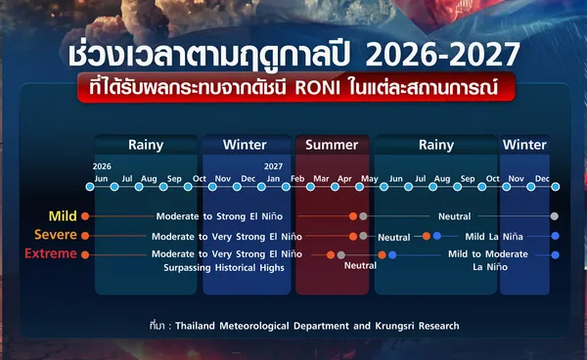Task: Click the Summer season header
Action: pos(332,145)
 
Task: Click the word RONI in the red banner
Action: pos(318,88)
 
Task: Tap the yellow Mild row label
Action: pos(63,216)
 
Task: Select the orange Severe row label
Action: pos(56,235)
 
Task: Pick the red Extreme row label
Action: pos(51,253)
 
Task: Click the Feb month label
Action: pos(297,178)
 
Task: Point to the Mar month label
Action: pos(321,178)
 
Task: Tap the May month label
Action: pos(370,179)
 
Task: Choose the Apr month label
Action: pos(344,179)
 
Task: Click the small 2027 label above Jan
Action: pos(273,166)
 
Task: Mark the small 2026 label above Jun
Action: pos(102,166)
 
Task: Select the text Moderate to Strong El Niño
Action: pos(219,216)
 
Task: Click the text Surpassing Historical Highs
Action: pos(224,268)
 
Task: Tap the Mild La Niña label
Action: pos(494,237)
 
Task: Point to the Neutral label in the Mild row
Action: pos(455,216)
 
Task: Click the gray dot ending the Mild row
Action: pos(555,216)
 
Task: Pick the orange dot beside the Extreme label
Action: pos(85,255)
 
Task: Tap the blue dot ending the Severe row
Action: pos(555,236)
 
